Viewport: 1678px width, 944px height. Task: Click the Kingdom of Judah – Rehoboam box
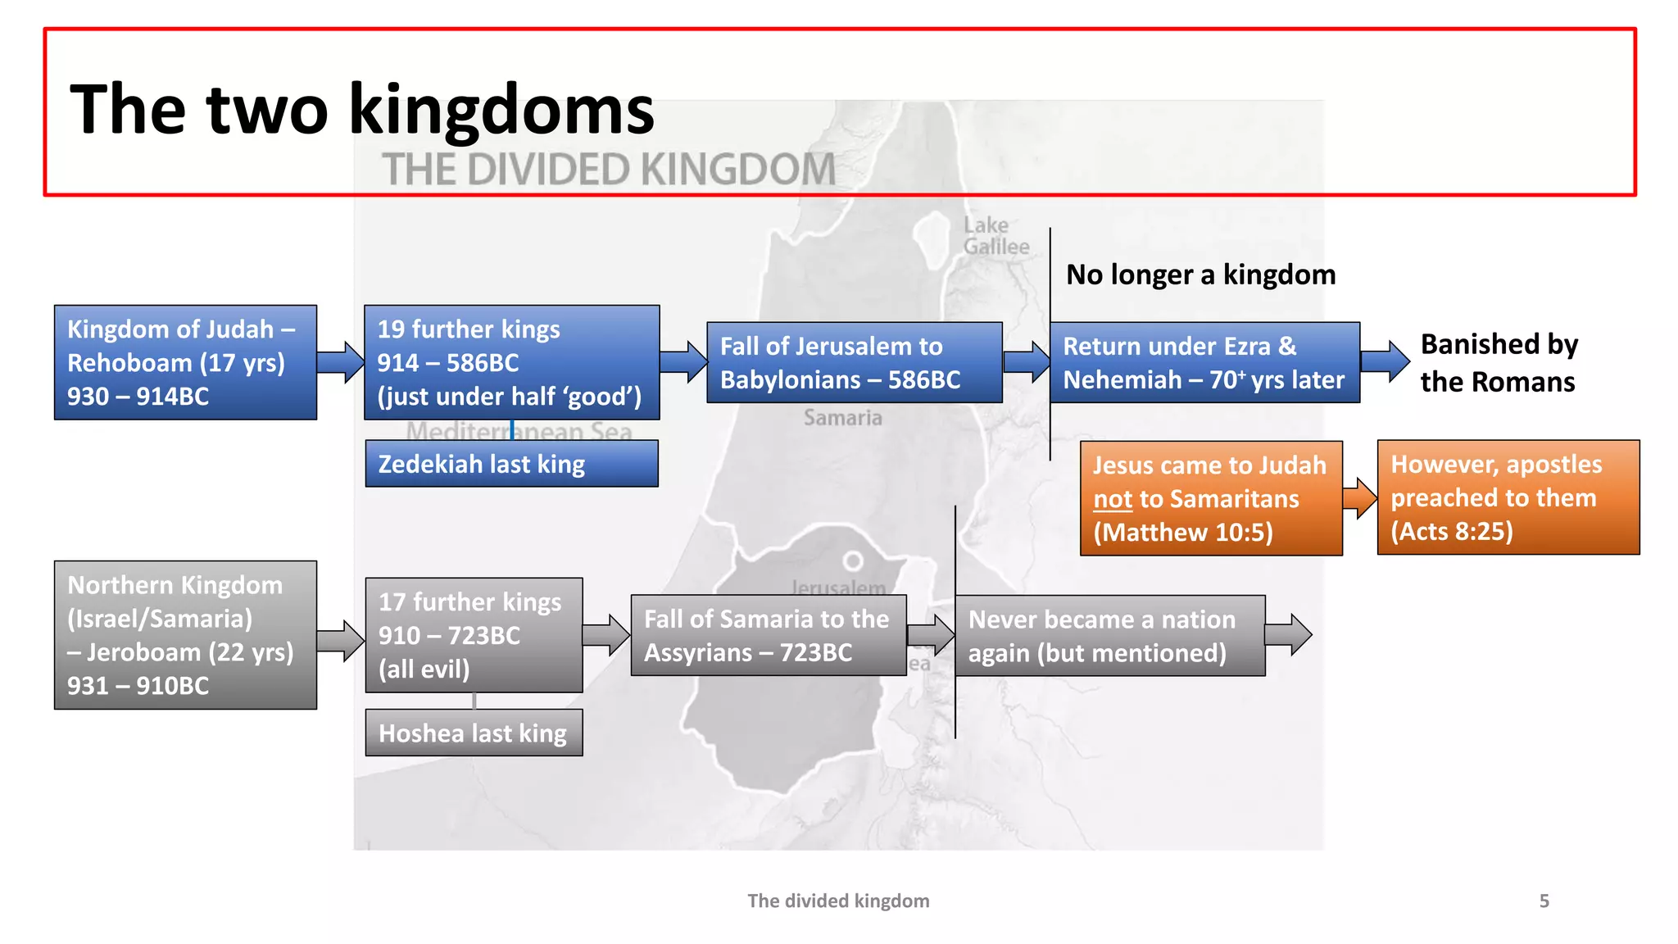pyautogui.click(x=185, y=362)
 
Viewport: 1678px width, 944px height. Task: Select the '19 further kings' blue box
pyautogui.click(x=511, y=362)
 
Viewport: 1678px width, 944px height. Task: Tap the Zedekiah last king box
pyautogui.click(x=511, y=464)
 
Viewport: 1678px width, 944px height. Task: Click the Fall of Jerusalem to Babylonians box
pyautogui.click(x=854, y=362)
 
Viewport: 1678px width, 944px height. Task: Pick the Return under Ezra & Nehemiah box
pyautogui.click(x=1204, y=362)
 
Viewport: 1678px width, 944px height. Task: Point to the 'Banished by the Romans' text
pyautogui.click(x=1499, y=362)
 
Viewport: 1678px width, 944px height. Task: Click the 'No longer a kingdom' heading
pyautogui.click(x=1200, y=275)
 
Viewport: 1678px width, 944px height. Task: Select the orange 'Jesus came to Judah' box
pyautogui.click(x=1210, y=498)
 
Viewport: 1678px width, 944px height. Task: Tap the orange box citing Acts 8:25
pyautogui.click(x=1508, y=497)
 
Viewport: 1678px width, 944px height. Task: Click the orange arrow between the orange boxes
pyautogui.click(x=1360, y=498)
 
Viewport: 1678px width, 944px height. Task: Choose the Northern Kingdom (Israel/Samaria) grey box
pyautogui.click(x=185, y=635)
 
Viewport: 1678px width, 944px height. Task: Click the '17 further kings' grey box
pyautogui.click(x=474, y=635)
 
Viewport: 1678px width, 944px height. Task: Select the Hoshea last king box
pyautogui.click(x=474, y=733)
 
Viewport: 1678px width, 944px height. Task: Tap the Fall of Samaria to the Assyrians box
pyautogui.click(x=768, y=635)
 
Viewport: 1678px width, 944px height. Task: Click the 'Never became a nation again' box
pyautogui.click(x=1109, y=636)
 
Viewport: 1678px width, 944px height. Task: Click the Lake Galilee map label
pyautogui.click(x=995, y=236)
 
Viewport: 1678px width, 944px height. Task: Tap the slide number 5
pyautogui.click(x=1544, y=901)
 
